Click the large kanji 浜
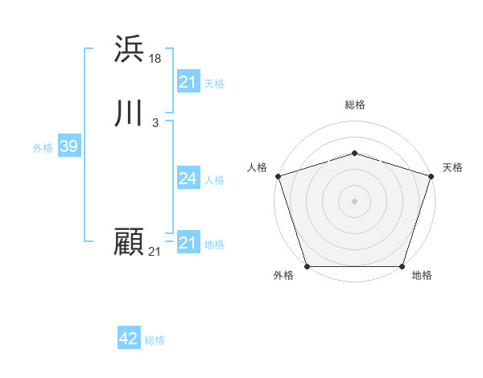point(129,49)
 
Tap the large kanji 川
point(129,113)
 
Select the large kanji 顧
point(129,242)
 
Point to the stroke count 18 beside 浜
point(155,58)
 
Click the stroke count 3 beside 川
point(155,122)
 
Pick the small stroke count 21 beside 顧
point(155,252)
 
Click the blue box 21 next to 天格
point(188,82)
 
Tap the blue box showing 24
point(188,179)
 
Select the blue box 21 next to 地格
point(188,243)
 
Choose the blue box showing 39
point(68,146)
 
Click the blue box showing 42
point(128,339)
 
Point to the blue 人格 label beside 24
point(215,180)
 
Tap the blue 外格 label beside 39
point(43,148)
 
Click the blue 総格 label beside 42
point(155,340)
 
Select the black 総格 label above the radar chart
point(355,105)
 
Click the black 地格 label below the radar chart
point(422,276)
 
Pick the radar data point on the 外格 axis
point(308,265)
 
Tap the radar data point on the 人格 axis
point(278,176)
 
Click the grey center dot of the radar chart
point(355,200)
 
